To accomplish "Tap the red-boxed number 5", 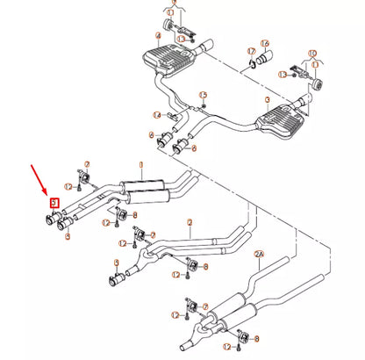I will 54,203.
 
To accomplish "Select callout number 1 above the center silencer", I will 140,164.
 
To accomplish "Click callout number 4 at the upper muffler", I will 158,37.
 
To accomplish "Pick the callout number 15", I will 203,95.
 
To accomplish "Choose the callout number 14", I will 157,115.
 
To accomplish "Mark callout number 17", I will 251,51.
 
